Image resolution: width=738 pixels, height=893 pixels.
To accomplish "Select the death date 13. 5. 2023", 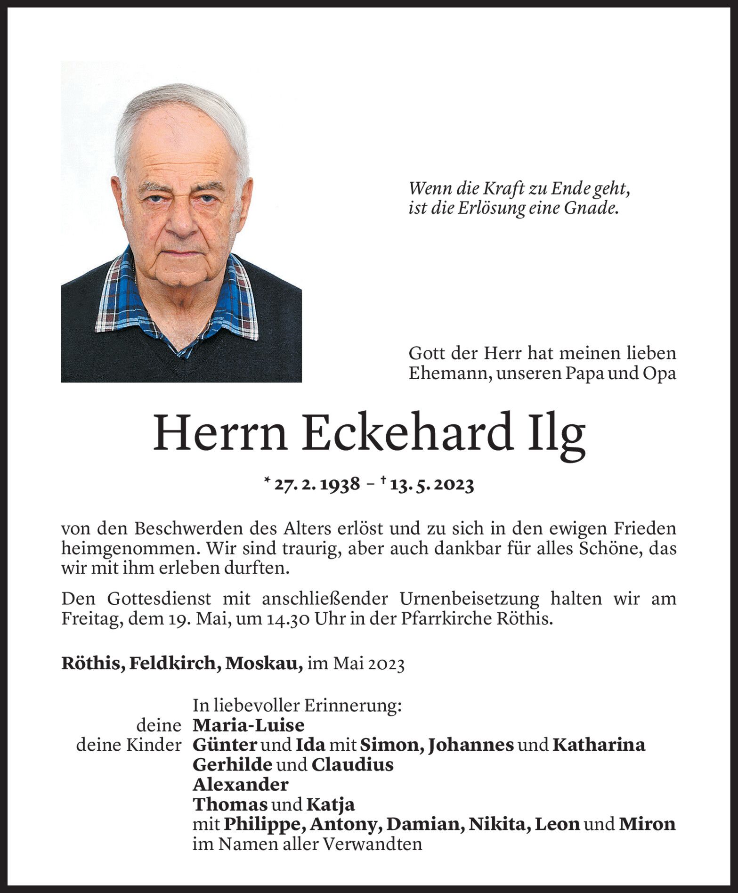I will [x=431, y=484].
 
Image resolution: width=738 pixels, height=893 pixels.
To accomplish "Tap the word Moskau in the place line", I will [x=264, y=664].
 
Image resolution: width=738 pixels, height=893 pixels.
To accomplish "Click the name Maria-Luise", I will [x=248, y=725].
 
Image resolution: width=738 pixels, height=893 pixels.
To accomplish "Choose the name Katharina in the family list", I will [x=599, y=745].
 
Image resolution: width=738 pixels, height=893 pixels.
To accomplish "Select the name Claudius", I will [x=352, y=764].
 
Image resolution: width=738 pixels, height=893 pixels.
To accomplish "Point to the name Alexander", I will [x=240, y=784].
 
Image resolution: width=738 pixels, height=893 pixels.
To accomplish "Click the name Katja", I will [x=330, y=804].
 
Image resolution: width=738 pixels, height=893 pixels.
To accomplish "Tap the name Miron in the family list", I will [x=647, y=824].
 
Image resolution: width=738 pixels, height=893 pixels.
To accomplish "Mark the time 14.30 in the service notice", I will [x=289, y=618].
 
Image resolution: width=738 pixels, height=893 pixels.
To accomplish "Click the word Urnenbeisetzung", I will [x=469, y=599].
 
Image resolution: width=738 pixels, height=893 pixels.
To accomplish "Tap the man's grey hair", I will [x=184, y=104].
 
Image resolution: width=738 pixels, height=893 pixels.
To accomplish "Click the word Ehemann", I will [x=447, y=373].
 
